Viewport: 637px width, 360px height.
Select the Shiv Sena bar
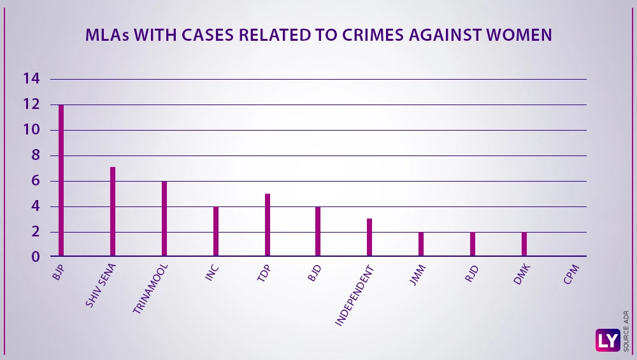[x=113, y=212]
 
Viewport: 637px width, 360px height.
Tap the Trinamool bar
[x=164, y=219]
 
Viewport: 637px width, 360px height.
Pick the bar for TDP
[x=268, y=225]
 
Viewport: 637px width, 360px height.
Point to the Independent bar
[x=369, y=237]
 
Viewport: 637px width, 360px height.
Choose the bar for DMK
[x=524, y=244]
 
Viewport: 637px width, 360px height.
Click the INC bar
[x=216, y=231]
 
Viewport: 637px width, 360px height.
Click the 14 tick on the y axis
[x=31, y=79]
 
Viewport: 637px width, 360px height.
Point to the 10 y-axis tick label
[x=31, y=130]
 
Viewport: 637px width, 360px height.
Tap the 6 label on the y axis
[x=36, y=181]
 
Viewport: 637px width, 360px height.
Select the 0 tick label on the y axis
[x=36, y=257]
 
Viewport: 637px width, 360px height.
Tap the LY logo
[x=607, y=340]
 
